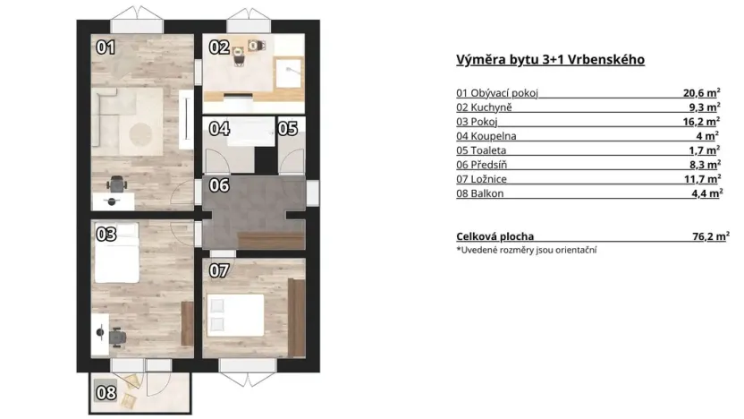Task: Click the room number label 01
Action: point(106,47)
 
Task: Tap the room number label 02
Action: point(219,47)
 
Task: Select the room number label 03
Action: point(106,235)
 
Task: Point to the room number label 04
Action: point(219,128)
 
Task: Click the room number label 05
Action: point(287,128)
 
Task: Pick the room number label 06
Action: point(219,186)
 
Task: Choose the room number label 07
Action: point(219,269)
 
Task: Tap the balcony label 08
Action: point(106,391)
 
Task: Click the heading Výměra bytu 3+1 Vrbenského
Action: point(550,60)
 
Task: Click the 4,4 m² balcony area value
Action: point(704,193)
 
